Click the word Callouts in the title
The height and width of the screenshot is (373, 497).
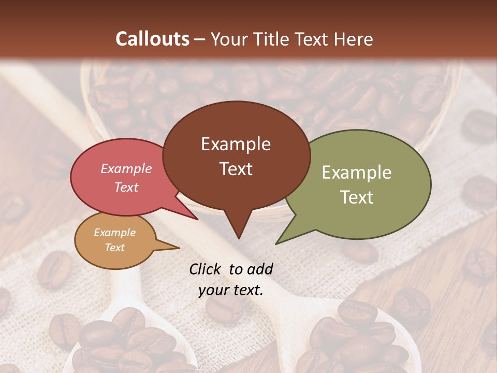pos(152,39)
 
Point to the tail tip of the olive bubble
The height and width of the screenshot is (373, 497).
pos(278,242)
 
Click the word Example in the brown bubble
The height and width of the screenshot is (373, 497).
pos(236,144)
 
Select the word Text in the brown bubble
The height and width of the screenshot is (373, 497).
pos(236,169)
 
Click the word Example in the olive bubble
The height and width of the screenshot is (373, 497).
pos(357,173)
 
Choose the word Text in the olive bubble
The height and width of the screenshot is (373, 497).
pos(357,197)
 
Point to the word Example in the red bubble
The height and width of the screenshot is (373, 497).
pos(126,169)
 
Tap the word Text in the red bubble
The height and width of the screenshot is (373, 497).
pos(126,188)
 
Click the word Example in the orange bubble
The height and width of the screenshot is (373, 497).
pos(115,233)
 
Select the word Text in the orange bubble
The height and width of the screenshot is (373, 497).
pos(115,248)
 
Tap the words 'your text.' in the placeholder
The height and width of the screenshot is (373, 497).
pos(231,291)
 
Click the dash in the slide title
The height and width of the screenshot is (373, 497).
pos(200,39)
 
